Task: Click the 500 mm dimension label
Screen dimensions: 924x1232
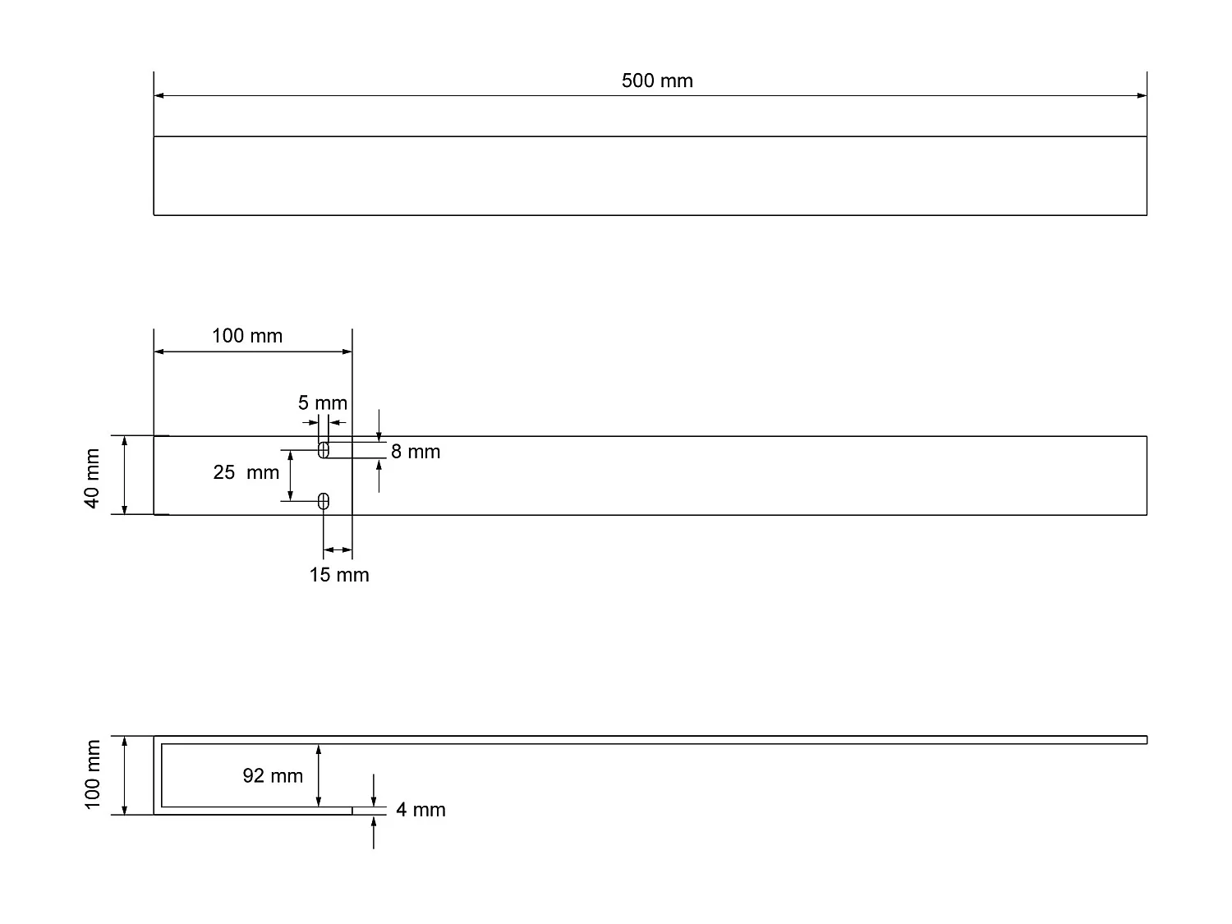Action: click(x=657, y=80)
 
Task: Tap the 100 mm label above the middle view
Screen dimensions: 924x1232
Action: click(x=247, y=335)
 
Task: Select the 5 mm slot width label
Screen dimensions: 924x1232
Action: click(x=322, y=402)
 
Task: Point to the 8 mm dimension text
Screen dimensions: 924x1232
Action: click(x=416, y=452)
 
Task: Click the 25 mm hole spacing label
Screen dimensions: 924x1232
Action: click(x=246, y=472)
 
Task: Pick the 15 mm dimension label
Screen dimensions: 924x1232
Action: click(x=339, y=575)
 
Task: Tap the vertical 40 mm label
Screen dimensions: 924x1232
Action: click(x=92, y=478)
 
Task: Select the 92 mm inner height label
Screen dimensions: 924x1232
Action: click(x=273, y=775)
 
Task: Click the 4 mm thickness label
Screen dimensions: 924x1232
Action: click(x=421, y=810)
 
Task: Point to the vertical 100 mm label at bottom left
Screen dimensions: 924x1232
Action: click(x=92, y=775)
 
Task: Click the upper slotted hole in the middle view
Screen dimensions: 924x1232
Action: click(x=324, y=450)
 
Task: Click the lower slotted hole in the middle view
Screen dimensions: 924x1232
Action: click(x=324, y=501)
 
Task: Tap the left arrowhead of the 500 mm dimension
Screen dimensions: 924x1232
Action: click(x=159, y=96)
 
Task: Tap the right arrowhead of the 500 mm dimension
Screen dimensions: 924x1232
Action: click(x=1142, y=96)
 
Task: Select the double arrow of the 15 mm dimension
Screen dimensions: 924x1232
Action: click(x=338, y=549)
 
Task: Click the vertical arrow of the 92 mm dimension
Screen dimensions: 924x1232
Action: click(x=319, y=775)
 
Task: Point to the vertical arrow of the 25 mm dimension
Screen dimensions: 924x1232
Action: click(x=290, y=476)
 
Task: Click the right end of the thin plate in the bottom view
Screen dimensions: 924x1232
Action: click(x=1145, y=740)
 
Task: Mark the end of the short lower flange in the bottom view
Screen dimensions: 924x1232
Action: click(x=352, y=811)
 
